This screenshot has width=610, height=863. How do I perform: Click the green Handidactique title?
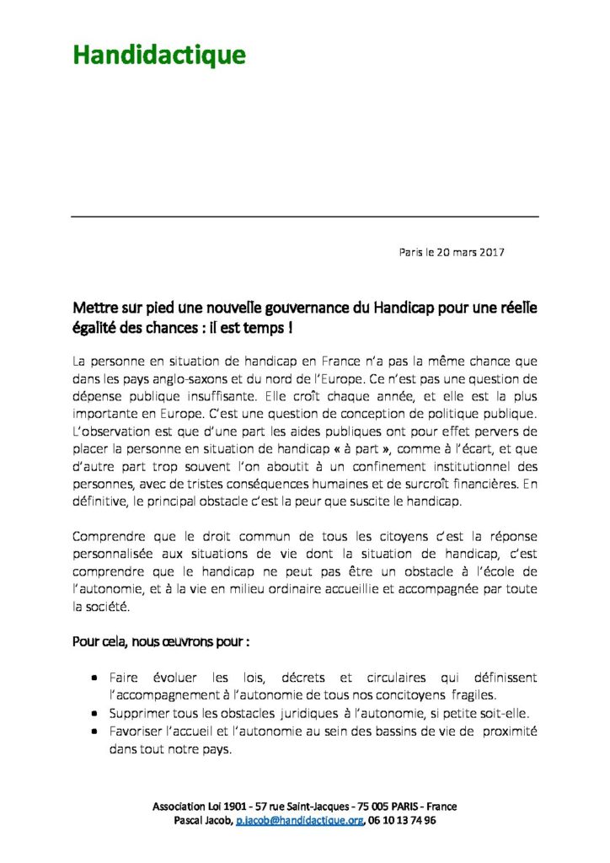159,56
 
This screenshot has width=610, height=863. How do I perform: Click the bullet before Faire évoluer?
95,678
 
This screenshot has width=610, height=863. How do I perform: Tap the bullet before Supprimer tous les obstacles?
95,713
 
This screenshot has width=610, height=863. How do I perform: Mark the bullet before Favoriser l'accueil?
95,731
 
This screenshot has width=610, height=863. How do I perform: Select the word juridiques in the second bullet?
325,713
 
